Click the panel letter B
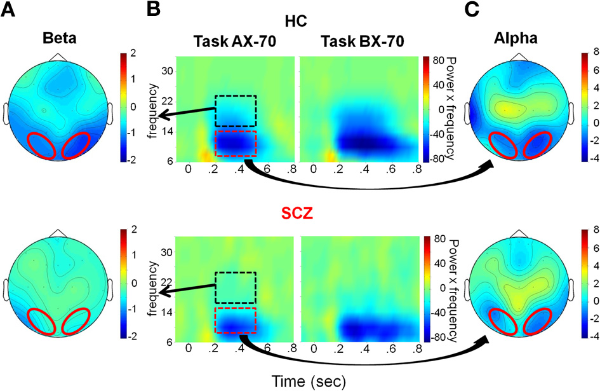click(154, 10)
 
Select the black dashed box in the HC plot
click(236, 111)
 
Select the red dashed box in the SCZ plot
click(236, 320)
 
